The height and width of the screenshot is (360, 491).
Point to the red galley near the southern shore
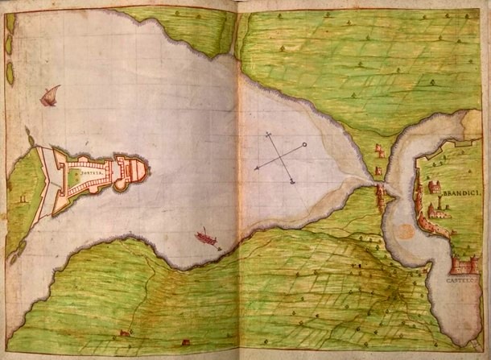pos(207,238)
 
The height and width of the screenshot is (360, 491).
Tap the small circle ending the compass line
pos(305,145)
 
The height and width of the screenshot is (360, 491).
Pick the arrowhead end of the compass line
pos(257,169)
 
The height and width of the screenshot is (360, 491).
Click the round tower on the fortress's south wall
pos(120,186)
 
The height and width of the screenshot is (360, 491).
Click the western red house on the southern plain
pos(123,332)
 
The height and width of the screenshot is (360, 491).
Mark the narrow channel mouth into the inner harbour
pos(386,190)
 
